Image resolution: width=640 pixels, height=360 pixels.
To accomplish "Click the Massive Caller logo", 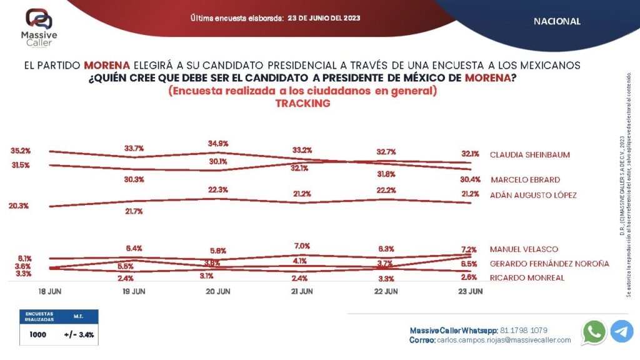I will (39, 27).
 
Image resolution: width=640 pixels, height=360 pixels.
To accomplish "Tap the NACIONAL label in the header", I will (557, 21).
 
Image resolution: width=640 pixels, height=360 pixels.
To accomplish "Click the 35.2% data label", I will (21, 151).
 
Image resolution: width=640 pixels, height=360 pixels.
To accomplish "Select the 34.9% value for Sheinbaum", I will (219, 144).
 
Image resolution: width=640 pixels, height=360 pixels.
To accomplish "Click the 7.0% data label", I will (302, 246).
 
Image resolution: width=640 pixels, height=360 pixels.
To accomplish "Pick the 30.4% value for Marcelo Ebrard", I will (471, 179).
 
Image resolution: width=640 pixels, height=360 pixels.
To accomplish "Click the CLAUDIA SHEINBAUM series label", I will (529, 154).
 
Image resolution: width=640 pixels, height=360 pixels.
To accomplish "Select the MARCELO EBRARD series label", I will (525, 179).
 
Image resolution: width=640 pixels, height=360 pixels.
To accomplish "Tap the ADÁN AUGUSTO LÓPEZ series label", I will (533, 195).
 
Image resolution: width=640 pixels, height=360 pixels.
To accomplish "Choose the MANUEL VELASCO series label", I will (524, 249).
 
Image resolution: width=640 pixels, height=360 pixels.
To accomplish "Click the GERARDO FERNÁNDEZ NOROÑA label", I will (549, 264).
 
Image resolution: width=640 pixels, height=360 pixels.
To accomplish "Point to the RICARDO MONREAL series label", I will (527, 277).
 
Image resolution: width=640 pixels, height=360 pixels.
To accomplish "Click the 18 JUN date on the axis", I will (50, 291).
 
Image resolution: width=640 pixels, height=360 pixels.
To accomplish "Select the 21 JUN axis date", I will (302, 291).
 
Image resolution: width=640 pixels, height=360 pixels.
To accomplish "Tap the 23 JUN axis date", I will (470, 291).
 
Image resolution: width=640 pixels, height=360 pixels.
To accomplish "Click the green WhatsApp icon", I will (594, 331).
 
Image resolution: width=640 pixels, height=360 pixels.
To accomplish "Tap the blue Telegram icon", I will (622, 331).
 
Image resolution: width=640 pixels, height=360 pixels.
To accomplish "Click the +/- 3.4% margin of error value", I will (79, 335).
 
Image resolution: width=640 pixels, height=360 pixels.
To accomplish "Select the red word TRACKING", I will (302, 104).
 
